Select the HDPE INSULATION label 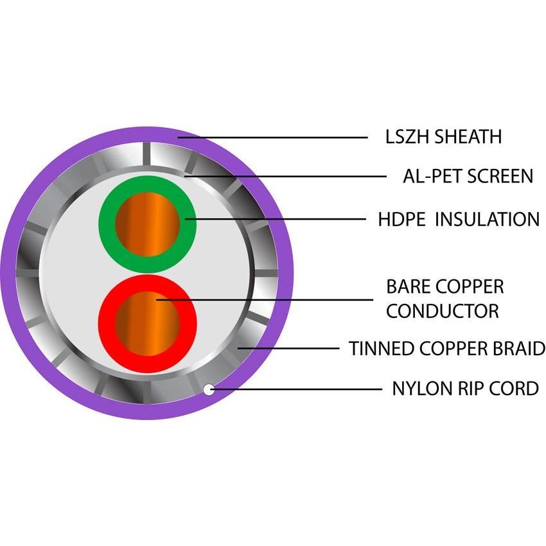458,219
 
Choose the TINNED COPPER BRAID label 447,349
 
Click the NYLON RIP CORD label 464,389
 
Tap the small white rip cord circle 208,389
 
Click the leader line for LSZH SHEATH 276,137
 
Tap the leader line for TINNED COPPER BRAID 289,349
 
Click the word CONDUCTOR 443,311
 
